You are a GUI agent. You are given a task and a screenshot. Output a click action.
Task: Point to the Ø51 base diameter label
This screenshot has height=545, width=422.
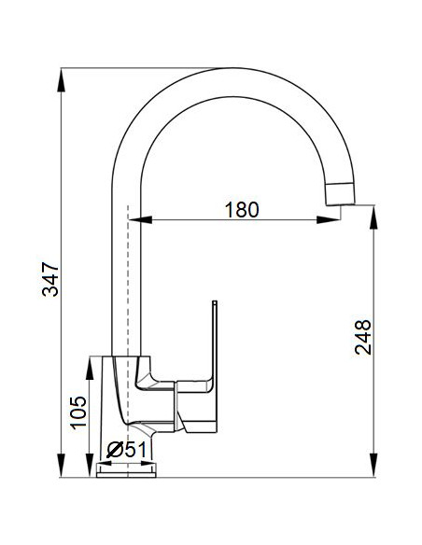[x=128, y=449]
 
